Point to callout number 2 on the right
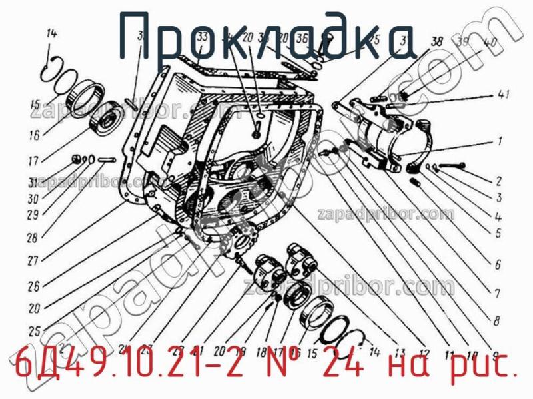[498, 180]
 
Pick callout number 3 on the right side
[498, 199]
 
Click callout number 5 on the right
[498, 234]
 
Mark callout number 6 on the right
[498, 265]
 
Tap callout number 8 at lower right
[496, 321]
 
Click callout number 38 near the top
[437, 42]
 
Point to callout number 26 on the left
[33, 286]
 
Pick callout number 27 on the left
[33, 262]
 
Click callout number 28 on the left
[33, 237]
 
